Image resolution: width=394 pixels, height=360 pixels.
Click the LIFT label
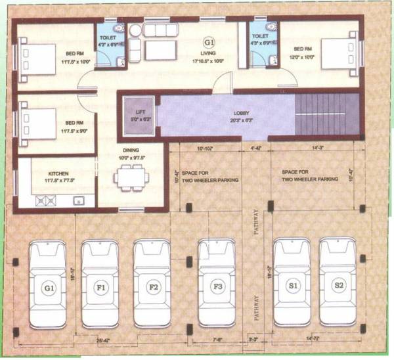click(x=140, y=105)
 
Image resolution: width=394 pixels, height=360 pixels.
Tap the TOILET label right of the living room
click(x=260, y=37)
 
